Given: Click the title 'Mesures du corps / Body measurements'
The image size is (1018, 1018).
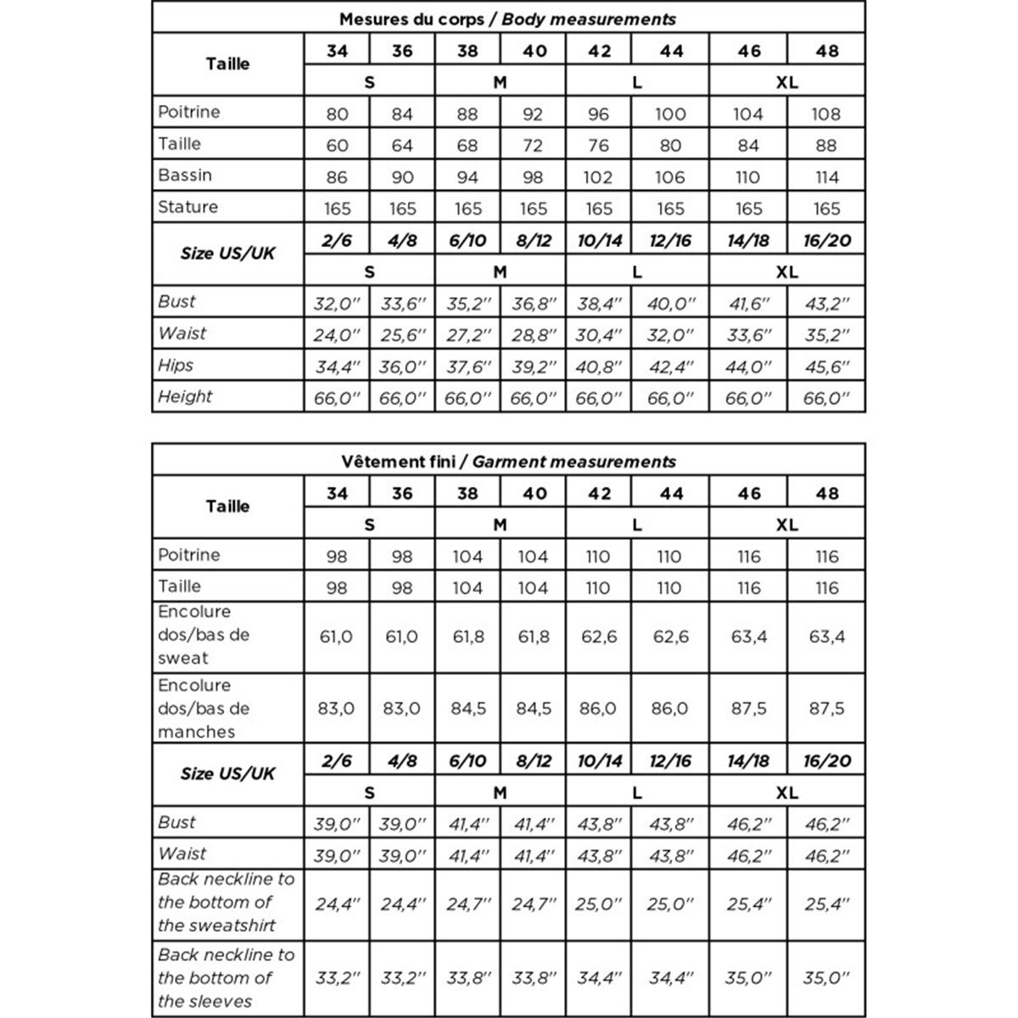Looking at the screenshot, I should (507, 19).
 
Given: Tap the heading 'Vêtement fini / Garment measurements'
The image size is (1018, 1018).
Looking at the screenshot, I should (508, 461).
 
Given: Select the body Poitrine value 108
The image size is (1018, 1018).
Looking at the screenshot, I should (826, 114).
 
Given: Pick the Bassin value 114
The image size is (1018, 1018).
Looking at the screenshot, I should (826, 177).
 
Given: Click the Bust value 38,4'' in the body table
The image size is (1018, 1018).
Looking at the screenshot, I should (599, 304).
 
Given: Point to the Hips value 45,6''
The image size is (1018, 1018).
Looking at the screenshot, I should (826, 366).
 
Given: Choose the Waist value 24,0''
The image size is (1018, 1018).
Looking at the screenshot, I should (337, 335).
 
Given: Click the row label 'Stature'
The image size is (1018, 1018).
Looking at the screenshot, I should (188, 207).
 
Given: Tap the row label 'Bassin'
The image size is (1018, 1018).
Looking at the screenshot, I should (185, 176).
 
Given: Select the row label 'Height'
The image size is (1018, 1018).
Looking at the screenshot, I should (185, 396).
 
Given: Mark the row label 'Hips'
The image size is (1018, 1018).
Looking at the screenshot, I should (176, 365).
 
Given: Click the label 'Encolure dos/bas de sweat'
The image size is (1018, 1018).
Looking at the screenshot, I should (204, 635).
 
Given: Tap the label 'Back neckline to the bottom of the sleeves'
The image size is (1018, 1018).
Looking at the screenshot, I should (226, 977).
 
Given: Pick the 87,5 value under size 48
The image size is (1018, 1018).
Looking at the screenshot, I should (826, 708).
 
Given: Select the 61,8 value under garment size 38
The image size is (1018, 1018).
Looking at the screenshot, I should (467, 636).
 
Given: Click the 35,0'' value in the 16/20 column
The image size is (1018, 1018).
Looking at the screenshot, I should (826, 978).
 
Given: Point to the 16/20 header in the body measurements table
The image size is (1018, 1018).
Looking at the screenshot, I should (826, 241).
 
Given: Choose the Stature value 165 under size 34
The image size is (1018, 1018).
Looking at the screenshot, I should (337, 209).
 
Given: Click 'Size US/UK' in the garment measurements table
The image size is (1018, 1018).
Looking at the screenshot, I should (227, 774).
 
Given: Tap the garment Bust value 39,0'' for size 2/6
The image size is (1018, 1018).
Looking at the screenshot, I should (337, 824).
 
